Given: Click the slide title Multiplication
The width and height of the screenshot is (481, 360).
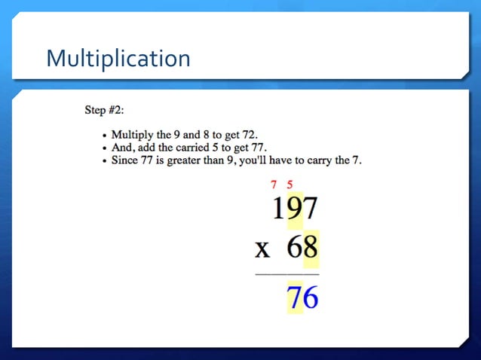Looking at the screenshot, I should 118,58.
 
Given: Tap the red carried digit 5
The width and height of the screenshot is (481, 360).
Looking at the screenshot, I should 290,184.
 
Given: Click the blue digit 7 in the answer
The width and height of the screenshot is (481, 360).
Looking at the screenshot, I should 294,297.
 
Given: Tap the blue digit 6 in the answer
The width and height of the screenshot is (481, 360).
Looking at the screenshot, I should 310,297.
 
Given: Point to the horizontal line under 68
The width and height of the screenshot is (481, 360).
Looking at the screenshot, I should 287,274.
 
